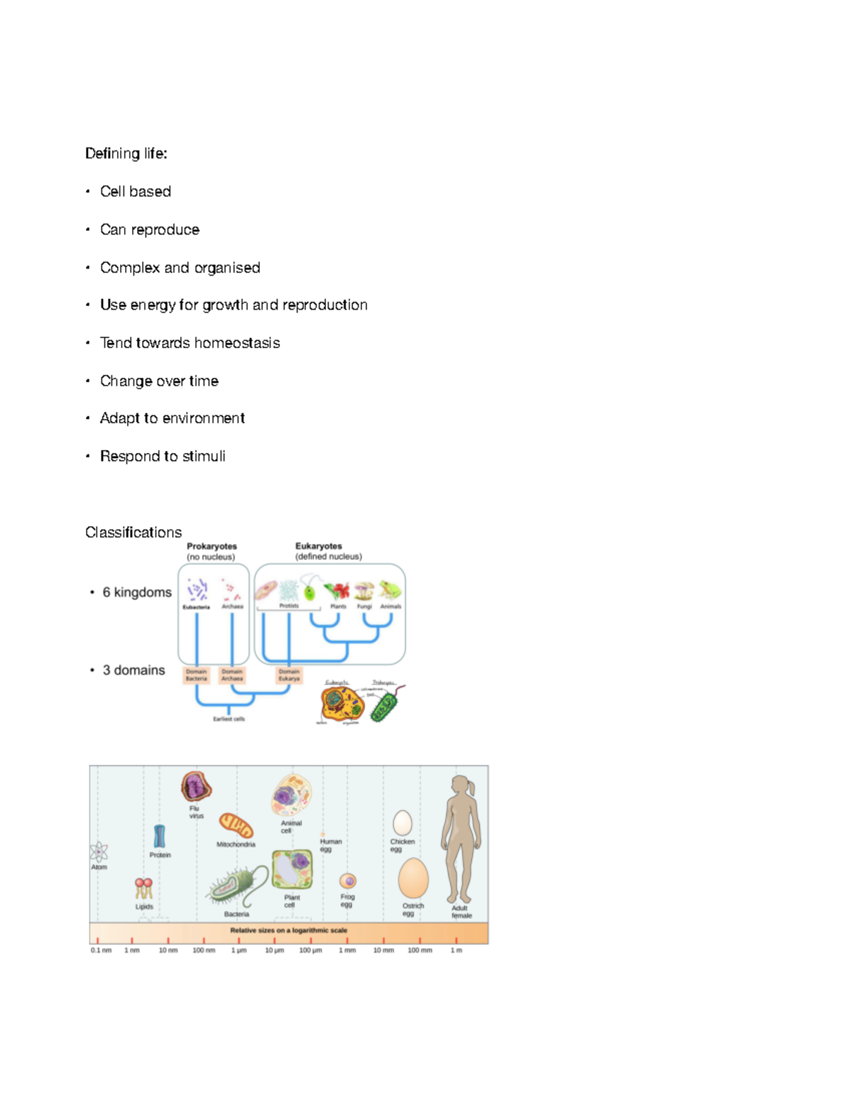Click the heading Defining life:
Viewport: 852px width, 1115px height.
126,153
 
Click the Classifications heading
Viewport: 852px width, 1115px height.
133,532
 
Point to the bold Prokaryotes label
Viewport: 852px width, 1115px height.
212,546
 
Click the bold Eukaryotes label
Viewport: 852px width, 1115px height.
318,546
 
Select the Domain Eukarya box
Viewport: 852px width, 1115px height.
289,675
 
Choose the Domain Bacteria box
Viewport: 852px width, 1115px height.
196,675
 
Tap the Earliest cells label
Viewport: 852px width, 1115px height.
229,719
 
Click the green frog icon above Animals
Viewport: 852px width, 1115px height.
390,590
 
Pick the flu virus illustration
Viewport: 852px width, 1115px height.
196,786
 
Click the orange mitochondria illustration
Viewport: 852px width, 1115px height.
236,826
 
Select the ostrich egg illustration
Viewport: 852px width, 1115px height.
413,879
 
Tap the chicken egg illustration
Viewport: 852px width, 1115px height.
403,822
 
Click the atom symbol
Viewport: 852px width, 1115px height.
99,851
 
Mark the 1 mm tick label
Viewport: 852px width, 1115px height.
347,950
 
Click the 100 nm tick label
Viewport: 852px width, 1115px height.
204,950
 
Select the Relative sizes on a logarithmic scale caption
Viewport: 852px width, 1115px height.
288,930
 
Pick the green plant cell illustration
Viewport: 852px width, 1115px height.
293,870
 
